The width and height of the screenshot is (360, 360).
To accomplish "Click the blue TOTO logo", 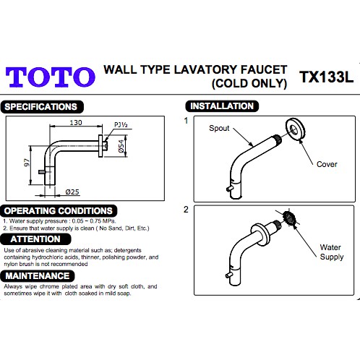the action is click(51, 77).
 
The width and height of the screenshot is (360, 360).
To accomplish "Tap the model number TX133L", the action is click(326, 77).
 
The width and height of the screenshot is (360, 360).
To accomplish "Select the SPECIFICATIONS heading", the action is click(42, 107).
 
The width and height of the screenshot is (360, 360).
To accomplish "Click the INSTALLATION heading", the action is click(222, 106).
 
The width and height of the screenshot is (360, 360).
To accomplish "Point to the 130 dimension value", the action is click(76, 123).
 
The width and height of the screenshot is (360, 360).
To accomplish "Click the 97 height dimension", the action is click(27, 162).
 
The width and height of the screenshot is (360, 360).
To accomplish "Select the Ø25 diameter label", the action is click(72, 192).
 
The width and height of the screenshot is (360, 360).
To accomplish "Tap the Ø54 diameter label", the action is click(121, 146).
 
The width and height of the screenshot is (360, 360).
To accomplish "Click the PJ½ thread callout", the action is click(121, 125).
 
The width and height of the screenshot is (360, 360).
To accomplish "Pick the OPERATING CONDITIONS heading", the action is click(59, 211).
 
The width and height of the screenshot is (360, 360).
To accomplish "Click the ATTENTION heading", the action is click(35, 239).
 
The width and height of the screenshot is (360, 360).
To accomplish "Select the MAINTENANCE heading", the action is click(38, 276).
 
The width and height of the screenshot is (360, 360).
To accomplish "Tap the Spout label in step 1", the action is click(219, 129).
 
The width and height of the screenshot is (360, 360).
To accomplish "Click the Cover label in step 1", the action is click(327, 164).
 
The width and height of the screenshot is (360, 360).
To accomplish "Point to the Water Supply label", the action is click(332, 252).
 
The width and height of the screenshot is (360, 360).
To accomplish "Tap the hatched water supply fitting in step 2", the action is click(290, 218).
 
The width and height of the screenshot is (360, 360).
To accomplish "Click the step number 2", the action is click(186, 210).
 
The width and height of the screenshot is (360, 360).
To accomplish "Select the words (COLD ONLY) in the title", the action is click(249, 84).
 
